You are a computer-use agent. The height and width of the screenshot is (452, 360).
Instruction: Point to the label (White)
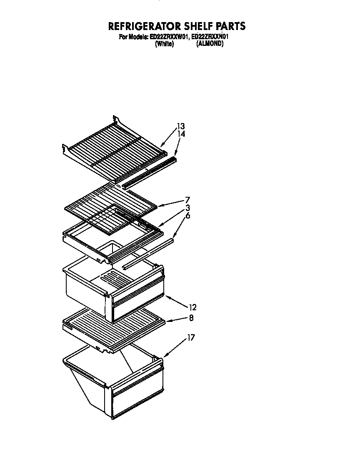164,44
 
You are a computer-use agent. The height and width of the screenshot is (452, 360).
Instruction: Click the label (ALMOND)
210,44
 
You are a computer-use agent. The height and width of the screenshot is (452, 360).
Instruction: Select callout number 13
180,126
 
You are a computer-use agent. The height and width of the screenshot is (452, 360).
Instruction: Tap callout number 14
181,134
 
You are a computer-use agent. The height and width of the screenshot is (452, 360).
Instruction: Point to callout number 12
192,308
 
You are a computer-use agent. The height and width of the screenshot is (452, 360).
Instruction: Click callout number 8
190,318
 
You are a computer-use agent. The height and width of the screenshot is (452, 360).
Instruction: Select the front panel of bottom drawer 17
137,398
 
